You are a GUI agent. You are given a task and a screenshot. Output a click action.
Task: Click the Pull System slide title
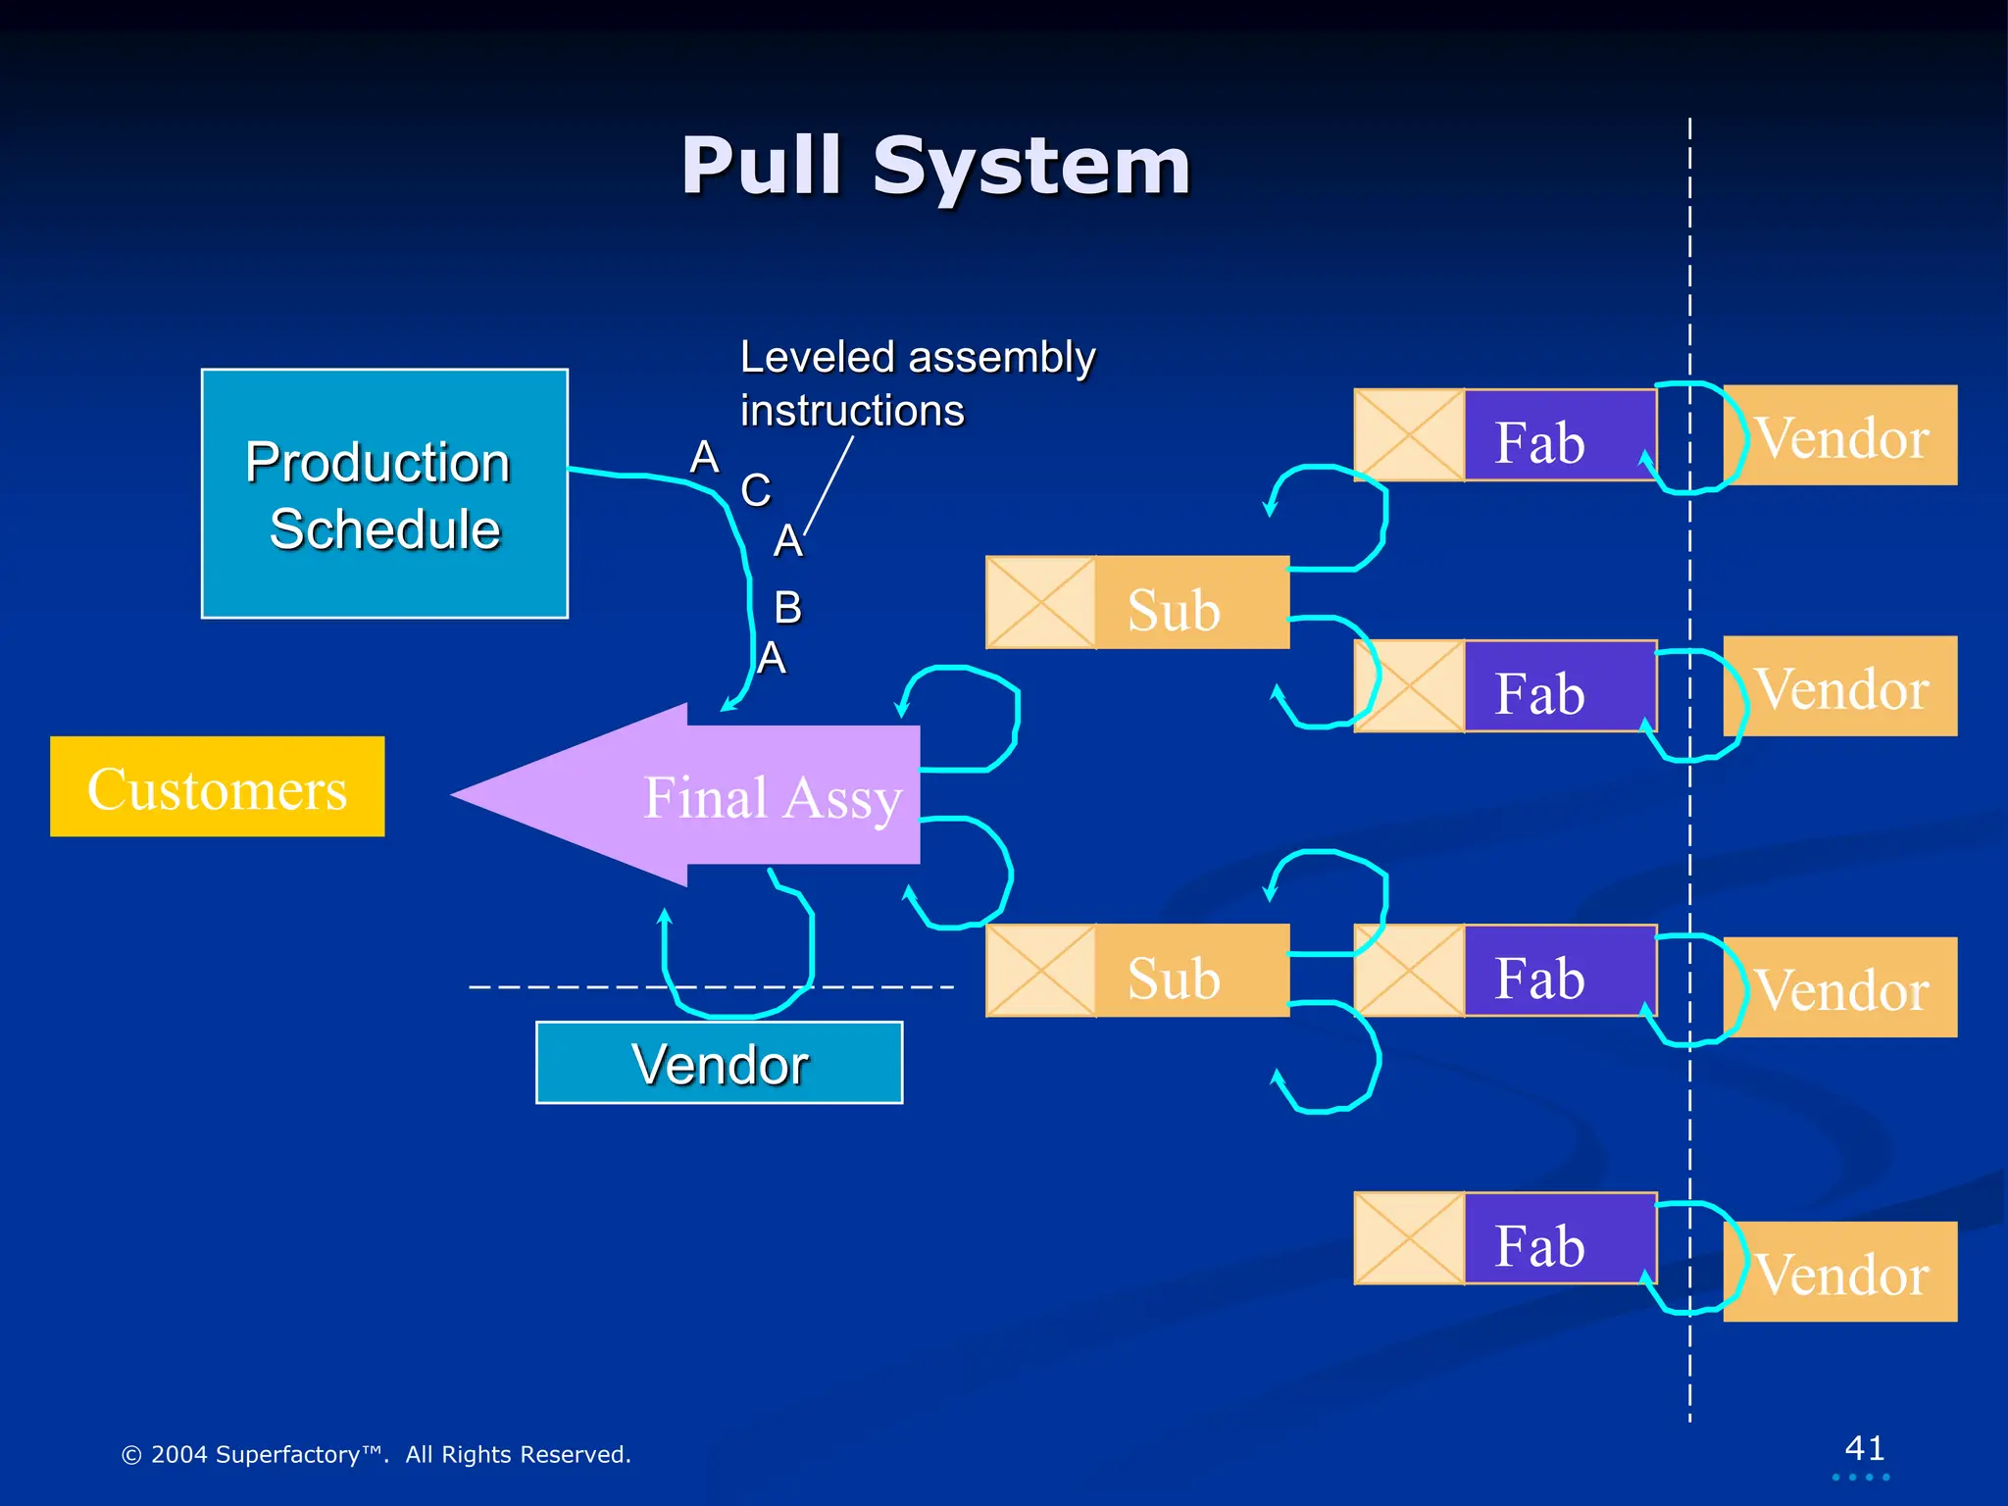point(936,167)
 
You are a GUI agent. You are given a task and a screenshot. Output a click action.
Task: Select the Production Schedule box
point(384,493)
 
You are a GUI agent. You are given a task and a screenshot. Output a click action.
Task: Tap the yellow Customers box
point(217,786)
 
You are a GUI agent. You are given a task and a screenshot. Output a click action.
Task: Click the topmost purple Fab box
point(1559,435)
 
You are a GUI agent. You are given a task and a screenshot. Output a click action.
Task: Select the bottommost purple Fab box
point(1559,1238)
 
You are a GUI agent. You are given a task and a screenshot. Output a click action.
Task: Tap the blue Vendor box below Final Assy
point(719,1063)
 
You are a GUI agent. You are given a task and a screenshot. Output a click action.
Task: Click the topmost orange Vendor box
point(1840,435)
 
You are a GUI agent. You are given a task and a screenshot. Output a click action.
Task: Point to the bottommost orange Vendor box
point(1840,1272)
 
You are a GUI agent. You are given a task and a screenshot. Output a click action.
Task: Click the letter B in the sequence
point(787,608)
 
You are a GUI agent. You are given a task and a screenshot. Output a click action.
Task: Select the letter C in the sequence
point(755,490)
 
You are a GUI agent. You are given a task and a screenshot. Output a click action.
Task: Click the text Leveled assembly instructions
point(917,383)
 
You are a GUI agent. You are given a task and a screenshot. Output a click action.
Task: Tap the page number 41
point(1864,1448)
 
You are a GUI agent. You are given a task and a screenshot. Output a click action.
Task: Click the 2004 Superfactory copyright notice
point(376,1454)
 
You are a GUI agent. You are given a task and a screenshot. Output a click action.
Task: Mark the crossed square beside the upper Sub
point(1040,603)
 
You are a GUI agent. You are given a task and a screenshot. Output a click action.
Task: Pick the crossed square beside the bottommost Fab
point(1409,1238)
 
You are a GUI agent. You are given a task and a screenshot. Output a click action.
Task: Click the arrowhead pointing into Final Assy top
point(728,704)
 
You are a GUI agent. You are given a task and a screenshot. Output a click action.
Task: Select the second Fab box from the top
point(1559,686)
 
